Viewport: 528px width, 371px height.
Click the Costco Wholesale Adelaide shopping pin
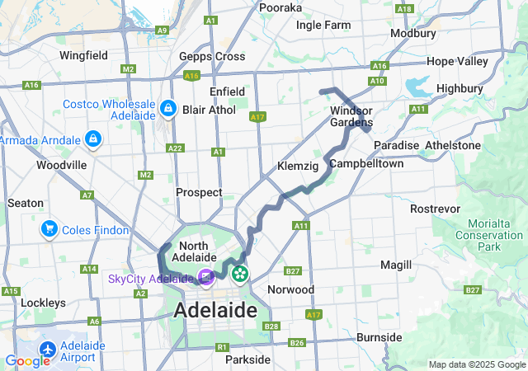(167, 108)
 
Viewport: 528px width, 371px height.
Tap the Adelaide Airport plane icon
(47, 350)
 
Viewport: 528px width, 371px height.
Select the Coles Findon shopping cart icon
(49, 229)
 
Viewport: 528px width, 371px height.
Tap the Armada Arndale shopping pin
(92, 139)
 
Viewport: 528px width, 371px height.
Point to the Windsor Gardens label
(351, 117)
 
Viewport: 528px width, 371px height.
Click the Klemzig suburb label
(298, 166)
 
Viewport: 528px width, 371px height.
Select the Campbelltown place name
(366, 164)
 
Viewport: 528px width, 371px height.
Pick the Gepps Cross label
(212, 56)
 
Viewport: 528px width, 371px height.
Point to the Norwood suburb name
(290, 289)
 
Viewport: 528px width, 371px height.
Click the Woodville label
(61, 165)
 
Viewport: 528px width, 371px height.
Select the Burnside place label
(379, 337)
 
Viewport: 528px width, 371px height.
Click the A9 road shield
(162, 30)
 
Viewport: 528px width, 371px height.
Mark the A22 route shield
(175, 148)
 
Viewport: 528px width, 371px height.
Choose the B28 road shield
(271, 327)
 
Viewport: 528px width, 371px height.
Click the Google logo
(27, 361)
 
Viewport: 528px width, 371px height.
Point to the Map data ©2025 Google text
(476, 364)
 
